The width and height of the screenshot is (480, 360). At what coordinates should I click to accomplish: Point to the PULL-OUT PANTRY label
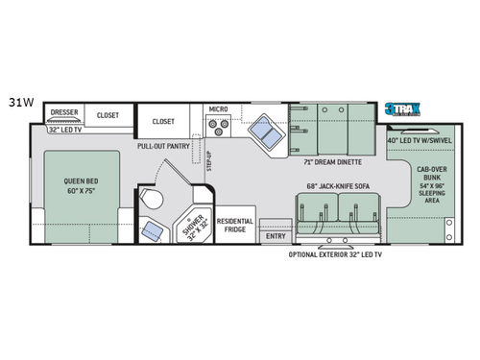(162, 147)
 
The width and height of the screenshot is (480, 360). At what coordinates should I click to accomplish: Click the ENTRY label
(276, 236)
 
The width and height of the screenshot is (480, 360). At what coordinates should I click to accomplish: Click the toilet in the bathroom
(151, 199)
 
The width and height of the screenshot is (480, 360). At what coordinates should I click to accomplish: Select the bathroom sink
(153, 230)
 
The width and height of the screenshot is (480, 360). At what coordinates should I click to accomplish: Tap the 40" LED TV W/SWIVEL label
(420, 140)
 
